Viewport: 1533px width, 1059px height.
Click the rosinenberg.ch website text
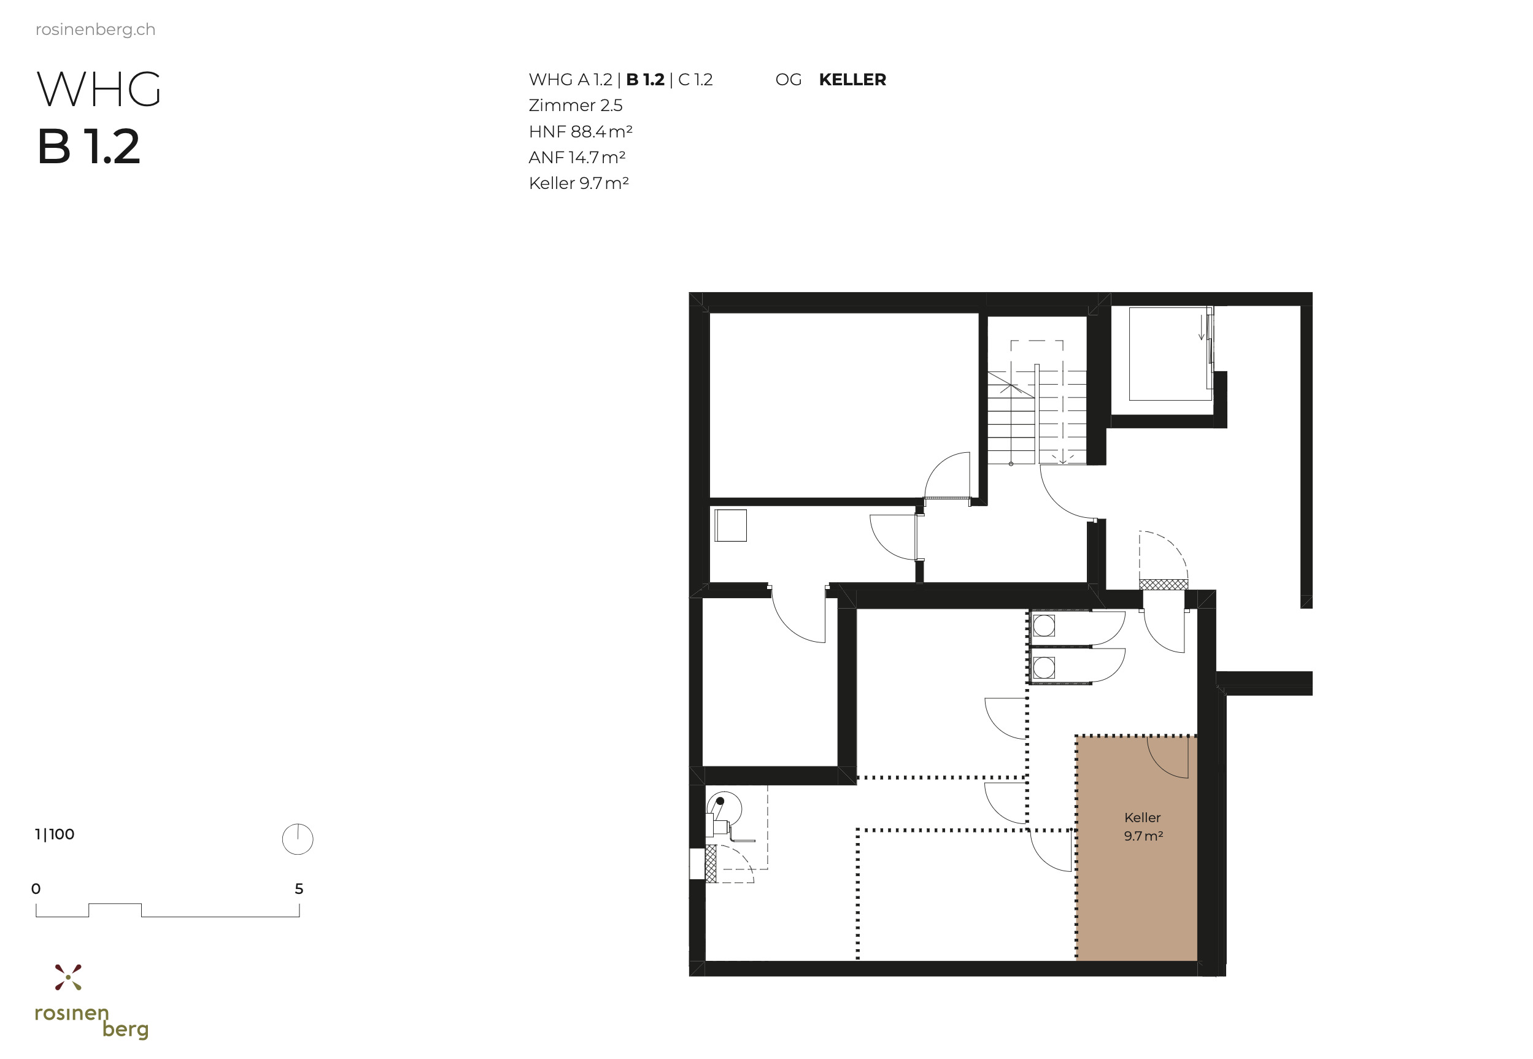95,30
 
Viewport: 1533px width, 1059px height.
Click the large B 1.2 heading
89,147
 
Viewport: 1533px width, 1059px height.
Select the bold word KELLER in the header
852,80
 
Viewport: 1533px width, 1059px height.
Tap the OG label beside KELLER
788,80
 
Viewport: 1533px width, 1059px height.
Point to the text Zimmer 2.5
576,106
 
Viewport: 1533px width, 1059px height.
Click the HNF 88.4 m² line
580,131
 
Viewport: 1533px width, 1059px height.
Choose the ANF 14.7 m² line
577,157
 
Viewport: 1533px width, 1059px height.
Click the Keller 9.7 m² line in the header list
578,183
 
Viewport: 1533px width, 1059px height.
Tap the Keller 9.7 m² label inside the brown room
1143,826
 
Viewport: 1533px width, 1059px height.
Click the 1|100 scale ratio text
55,834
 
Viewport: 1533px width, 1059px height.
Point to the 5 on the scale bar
299,888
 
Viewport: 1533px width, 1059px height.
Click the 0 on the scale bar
36,888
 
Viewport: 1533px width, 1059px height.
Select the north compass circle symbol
297,839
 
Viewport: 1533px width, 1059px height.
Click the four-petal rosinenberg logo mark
68,977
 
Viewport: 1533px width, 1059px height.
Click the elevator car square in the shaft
1170,353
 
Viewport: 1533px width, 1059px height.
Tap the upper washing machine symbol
1044,625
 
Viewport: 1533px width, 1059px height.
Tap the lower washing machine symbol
1044,668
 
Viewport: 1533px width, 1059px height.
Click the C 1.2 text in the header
695,80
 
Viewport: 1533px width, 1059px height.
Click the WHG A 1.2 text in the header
570,80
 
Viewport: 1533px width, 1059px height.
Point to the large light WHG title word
99,90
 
